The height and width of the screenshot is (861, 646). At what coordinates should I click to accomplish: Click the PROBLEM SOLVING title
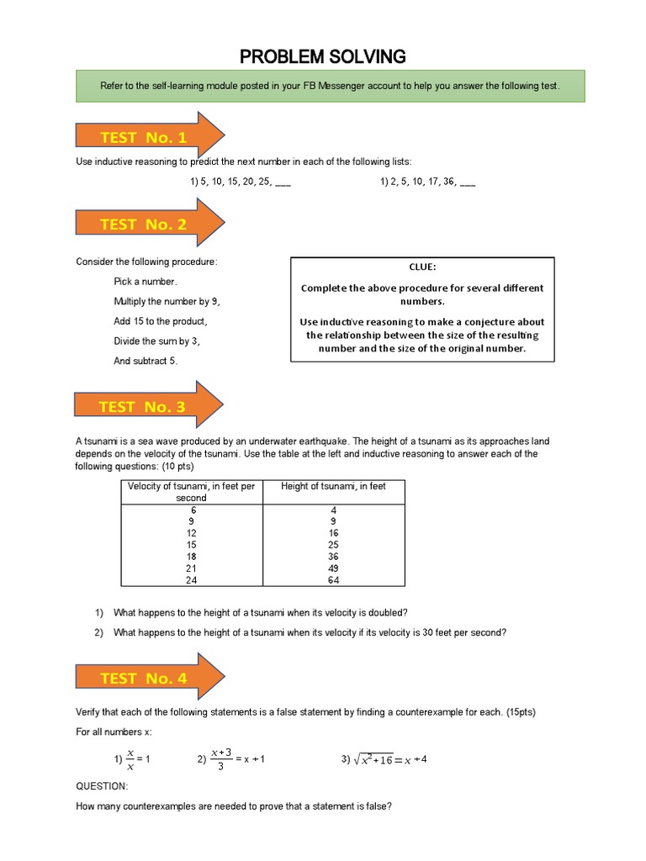tap(323, 56)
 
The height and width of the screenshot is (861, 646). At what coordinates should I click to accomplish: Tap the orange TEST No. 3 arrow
tap(148, 407)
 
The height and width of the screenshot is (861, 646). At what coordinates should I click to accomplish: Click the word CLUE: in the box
tap(422, 267)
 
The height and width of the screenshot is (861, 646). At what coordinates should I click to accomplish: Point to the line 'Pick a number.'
tap(146, 281)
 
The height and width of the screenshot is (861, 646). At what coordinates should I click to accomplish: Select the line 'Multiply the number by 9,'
tap(167, 301)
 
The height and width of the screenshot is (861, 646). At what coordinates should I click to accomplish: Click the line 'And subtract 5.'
tap(146, 361)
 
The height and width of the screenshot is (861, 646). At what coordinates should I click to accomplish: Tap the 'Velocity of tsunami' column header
tap(193, 492)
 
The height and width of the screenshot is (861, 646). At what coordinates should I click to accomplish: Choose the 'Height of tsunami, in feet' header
tap(334, 486)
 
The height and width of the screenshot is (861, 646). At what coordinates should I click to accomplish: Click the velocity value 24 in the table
tap(193, 579)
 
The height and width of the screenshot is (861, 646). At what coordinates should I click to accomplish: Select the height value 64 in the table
tap(334, 579)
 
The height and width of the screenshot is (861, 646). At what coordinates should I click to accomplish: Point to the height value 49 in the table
tap(334, 568)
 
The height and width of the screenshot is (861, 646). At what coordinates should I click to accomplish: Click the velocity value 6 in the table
tap(193, 509)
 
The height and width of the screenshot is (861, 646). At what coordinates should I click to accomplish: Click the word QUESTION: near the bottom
tap(102, 786)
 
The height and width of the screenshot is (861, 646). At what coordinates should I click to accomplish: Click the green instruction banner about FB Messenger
tap(330, 87)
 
